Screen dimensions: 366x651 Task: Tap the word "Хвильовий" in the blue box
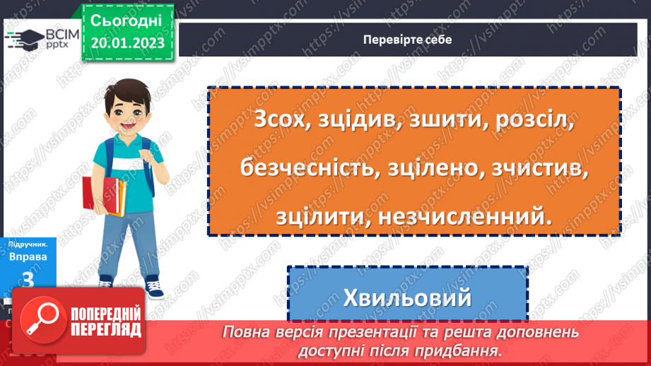point(407,297)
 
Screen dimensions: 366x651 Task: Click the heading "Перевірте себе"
point(406,40)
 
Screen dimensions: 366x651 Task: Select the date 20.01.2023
point(127,44)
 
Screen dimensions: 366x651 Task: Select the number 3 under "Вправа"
point(28,280)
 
